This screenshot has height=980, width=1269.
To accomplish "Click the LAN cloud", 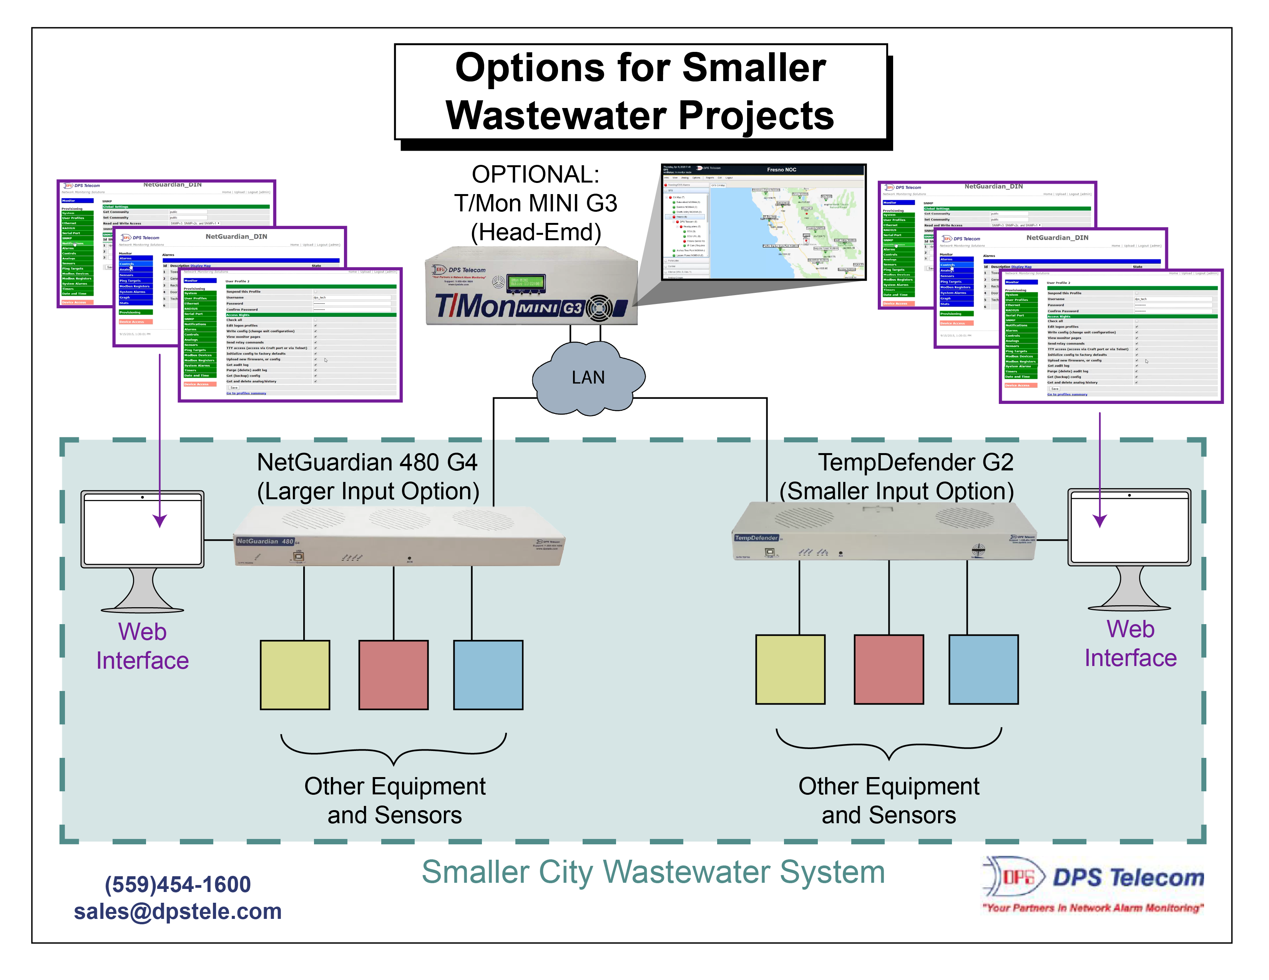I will point(588,378).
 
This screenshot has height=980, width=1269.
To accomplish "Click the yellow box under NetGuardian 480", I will point(295,675).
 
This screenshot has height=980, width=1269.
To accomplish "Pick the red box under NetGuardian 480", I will point(394,675).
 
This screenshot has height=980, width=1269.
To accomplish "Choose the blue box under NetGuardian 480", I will point(488,675).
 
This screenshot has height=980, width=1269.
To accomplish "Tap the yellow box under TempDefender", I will point(790,669).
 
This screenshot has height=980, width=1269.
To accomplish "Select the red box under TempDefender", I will point(889,669).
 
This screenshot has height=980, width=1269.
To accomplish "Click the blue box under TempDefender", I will point(983,669).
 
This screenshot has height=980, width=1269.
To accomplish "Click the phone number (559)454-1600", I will point(178,884).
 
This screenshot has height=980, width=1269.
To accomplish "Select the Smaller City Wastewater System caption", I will point(653,872).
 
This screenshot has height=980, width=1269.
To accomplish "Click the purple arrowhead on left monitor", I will point(160,520).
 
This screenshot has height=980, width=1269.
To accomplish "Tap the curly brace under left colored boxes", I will point(394,749).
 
